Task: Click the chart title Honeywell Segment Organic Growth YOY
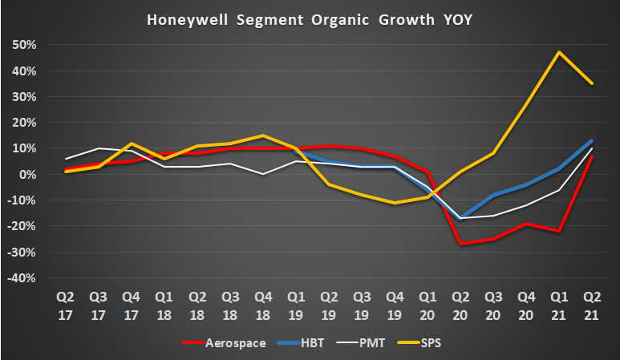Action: [x=310, y=20]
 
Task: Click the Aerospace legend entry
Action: [x=232, y=344]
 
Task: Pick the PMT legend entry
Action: [x=370, y=344]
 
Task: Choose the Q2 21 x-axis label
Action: [x=592, y=307]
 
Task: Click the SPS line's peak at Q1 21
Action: [x=558, y=52]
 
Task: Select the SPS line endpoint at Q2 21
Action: [x=592, y=83]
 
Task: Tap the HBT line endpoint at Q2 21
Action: [x=592, y=140]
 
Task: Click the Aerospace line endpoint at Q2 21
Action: [x=592, y=156]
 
